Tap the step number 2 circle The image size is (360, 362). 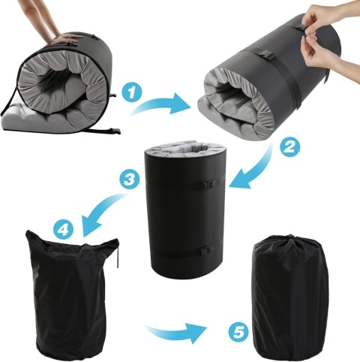[289, 147]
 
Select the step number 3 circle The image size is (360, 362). [129, 179]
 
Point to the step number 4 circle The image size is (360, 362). [64, 229]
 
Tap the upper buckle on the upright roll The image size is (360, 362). [208, 185]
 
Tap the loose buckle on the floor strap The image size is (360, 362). [114, 131]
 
